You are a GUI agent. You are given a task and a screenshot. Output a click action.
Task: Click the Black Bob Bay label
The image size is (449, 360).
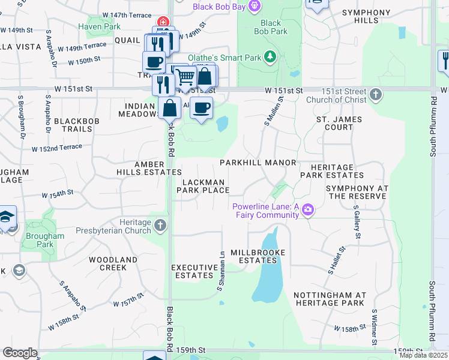click(x=219, y=7)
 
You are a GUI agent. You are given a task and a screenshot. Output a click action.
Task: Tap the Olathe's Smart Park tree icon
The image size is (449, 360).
click(x=271, y=56)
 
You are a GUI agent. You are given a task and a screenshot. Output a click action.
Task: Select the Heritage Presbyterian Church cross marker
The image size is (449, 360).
click(x=160, y=226)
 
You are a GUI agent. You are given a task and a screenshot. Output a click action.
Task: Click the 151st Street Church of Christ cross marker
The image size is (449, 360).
click(x=375, y=94)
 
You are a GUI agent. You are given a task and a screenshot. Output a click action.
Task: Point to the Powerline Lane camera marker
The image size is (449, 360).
click(x=308, y=209)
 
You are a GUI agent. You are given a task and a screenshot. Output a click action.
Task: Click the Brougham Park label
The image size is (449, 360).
click(x=46, y=240)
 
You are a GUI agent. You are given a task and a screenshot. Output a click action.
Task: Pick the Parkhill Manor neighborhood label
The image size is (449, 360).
click(x=258, y=163)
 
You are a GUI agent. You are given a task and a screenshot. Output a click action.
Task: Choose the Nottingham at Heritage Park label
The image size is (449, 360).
click(x=330, y=299)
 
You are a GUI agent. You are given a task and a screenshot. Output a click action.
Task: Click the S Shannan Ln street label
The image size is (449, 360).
click(x=220, y=272)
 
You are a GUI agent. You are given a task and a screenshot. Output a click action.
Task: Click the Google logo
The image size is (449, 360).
click(x=20, y=353)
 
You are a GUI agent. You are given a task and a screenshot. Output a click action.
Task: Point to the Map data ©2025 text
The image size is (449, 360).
click(x=423, y=355)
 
